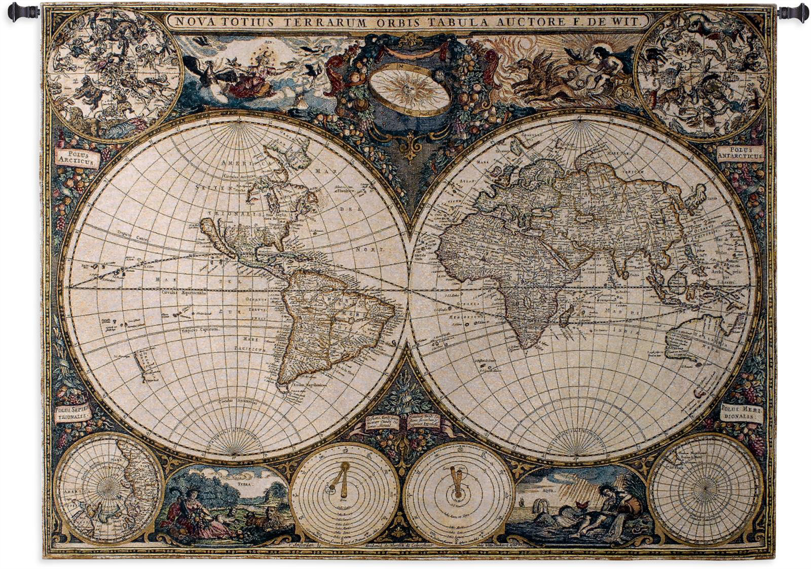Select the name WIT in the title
pyautogui.click(x=632, y=22)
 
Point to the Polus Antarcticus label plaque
pyautogui.click(x=740, y=154)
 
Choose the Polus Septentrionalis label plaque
pyautogui.click(x=72, y=412)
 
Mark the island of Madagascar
pyautogui.click(x=566, y=315)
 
